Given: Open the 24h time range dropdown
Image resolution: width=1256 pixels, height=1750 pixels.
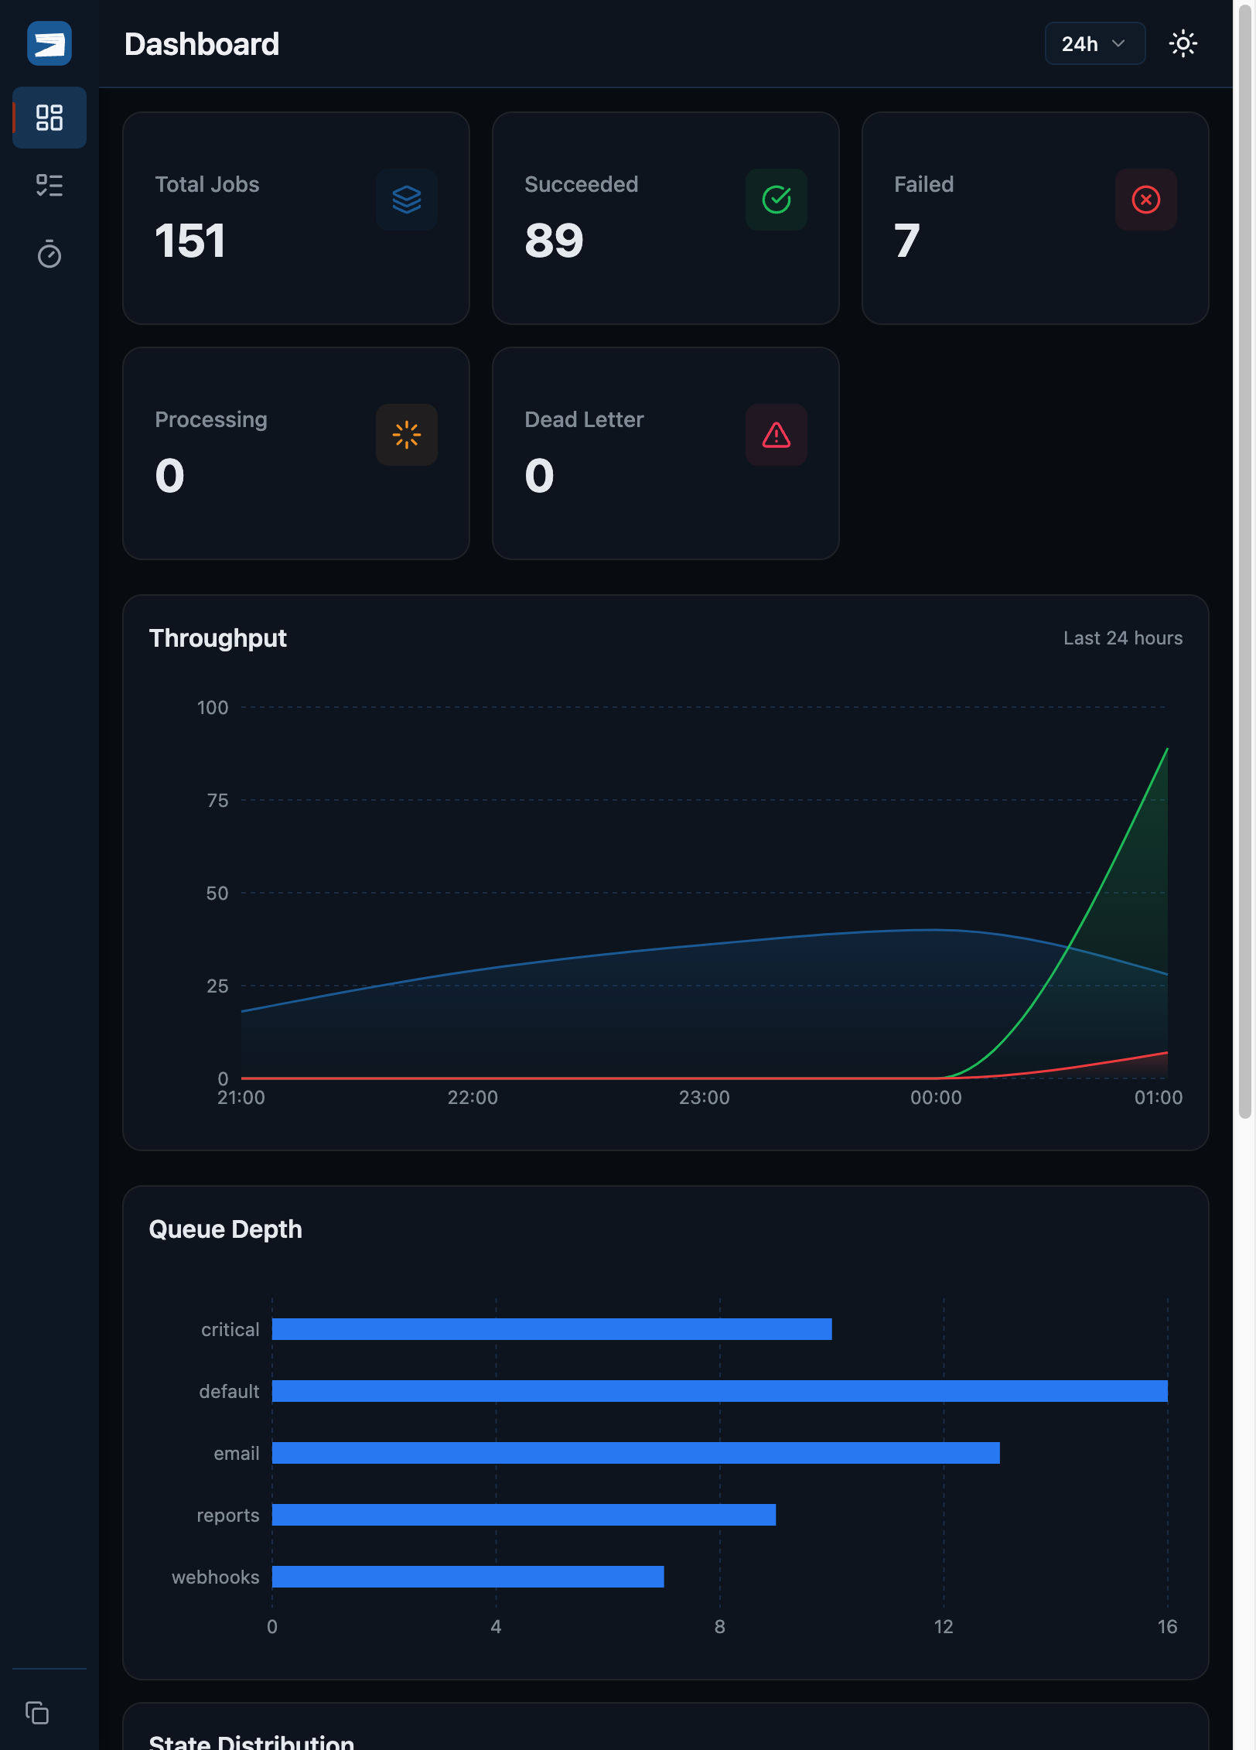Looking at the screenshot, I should click(x=1094, y=44).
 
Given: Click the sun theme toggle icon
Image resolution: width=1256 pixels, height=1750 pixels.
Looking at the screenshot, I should click(x=1183, y=44).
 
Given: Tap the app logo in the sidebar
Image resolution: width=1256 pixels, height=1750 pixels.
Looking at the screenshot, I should click(x=49, y=44).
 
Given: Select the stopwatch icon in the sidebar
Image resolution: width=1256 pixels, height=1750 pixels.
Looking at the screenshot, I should click(x=49, y=254).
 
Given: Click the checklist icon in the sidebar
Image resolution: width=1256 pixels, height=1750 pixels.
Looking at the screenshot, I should click(x=49, y=185).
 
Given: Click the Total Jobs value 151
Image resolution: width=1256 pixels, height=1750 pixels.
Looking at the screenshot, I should click(x=190, y=241).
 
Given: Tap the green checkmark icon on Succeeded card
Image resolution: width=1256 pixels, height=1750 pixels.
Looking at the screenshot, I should click(x=776, y=200).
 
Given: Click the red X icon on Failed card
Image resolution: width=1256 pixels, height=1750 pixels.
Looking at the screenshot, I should click(x=1145, y=200).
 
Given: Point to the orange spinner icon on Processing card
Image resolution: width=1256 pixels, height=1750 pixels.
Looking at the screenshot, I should click(x=407, y=435).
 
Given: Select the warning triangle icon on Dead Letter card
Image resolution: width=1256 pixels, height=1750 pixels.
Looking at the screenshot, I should click(x=776, y=435).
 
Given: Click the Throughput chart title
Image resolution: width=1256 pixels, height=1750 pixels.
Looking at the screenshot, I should click(x=217, y=638).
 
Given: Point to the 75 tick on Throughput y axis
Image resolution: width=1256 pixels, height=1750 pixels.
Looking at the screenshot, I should click(x=217, y=801).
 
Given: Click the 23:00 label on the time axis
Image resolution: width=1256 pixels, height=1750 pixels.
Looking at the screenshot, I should click(x=704, y=1097).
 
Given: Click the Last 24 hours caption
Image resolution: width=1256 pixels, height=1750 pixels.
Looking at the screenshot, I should click(x=1122, y=638).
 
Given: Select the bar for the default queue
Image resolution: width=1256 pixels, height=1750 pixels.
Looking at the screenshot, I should click(x=719, y=1391).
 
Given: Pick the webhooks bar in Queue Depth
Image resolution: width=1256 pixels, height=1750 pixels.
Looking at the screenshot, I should click(x=468, y=1577).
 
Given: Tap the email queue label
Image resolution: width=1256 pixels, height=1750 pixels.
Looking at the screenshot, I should click(x=236, y=1454).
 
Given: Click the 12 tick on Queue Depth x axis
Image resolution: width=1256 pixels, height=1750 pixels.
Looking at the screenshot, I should click(x=943, y=1626).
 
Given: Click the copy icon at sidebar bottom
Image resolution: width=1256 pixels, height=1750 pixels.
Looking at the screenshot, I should click(x=37, y=1713).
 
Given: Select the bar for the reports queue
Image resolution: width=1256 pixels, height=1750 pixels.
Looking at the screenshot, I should click(x=524, y=1515).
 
